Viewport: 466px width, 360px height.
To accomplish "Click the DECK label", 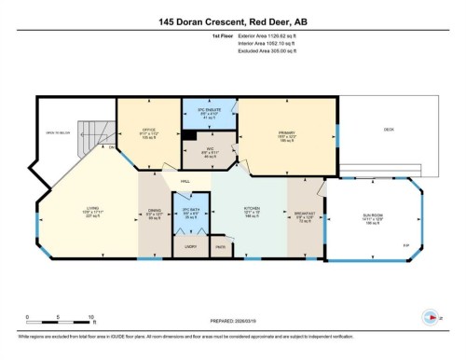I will coord(389,129).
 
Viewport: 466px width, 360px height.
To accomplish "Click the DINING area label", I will coord(155,213).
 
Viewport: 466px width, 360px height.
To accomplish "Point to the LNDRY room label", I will coord(191,247).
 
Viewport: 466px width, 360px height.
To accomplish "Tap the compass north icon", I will coord(430,314).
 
